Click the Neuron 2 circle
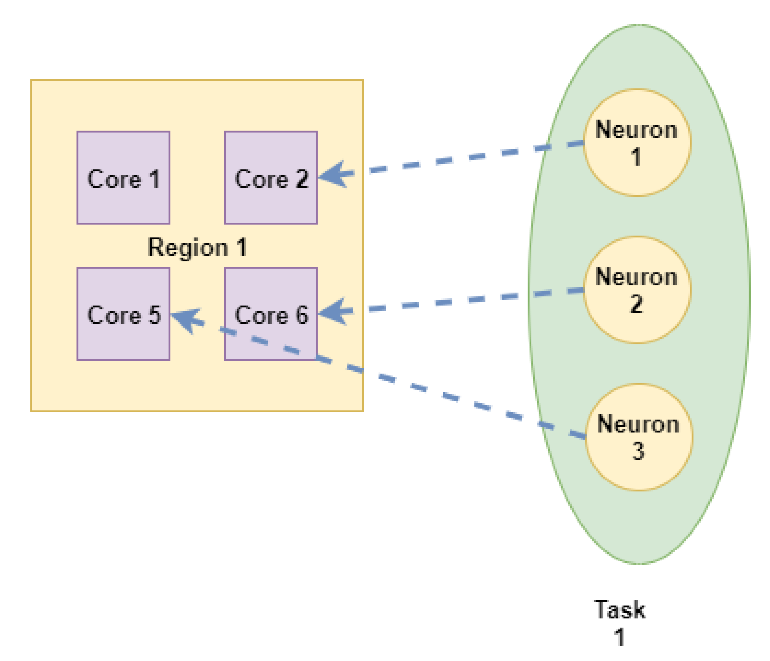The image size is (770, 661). (x=637, y=290)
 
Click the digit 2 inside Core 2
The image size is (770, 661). (x=302, y=179)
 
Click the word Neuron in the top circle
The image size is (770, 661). (x=636, y=130)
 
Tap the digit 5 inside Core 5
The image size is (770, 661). (x=155, y=315)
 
